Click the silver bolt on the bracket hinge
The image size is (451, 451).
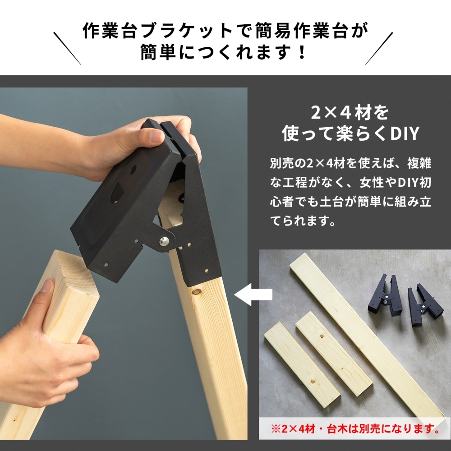164,241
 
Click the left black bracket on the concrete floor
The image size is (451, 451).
387,295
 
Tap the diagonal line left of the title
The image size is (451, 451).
67,48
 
